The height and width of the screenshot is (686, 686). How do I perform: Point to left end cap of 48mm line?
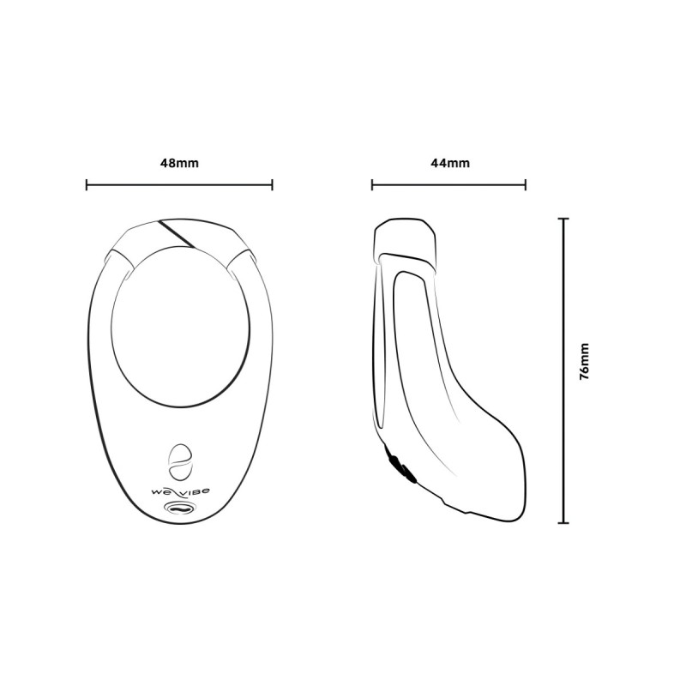87,184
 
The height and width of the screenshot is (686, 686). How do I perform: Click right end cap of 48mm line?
272,184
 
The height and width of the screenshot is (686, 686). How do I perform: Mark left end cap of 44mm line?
372,184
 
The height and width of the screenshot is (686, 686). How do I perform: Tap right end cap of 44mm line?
525,184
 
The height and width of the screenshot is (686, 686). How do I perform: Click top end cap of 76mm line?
563,220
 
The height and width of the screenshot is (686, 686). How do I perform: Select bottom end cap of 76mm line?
563,522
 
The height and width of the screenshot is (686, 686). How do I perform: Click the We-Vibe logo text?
179,490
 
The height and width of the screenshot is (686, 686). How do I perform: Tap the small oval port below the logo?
179,508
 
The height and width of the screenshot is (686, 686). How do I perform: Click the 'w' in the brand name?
156,490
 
